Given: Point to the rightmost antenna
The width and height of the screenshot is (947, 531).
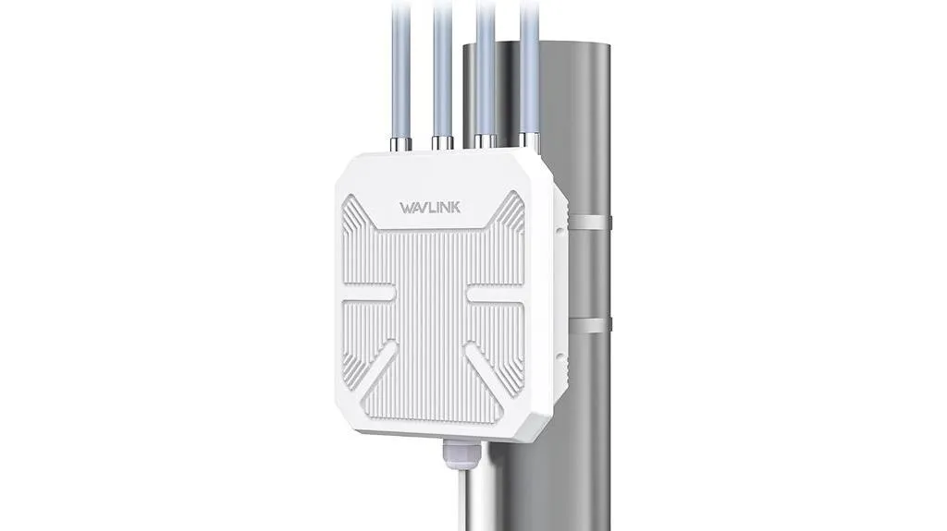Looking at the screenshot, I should click(530, 65).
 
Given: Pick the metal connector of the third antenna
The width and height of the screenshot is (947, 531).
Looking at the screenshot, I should click(484, 139).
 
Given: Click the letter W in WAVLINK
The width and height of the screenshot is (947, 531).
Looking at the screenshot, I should click(407, 205).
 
